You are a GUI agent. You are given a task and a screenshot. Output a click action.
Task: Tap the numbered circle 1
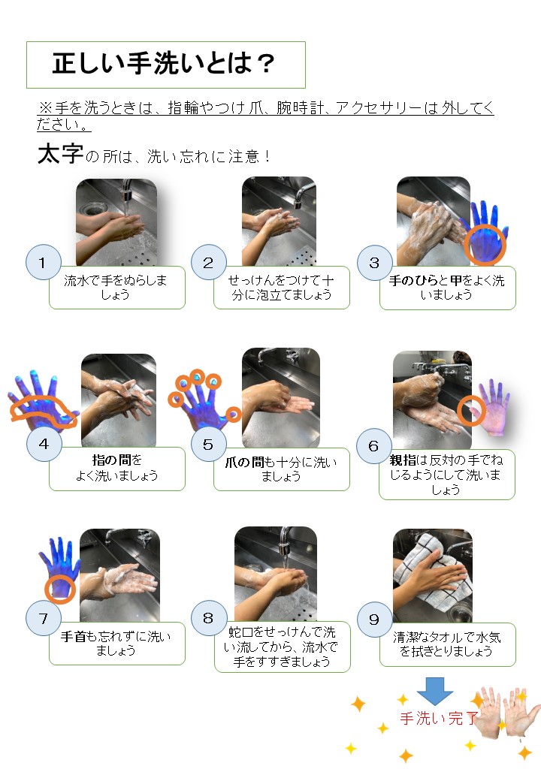tap(43, 262)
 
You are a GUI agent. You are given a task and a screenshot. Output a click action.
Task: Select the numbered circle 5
tap(208, 445)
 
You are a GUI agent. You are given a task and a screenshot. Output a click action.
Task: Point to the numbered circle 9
tap(373, 618)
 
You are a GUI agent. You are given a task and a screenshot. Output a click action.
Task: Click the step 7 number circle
tap(43, 618)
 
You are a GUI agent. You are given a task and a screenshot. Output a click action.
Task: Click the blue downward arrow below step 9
tap(435, 689)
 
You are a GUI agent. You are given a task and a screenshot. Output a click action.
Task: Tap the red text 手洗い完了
tap(437, 719)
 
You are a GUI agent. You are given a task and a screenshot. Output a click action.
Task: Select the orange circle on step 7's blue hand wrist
tap(59, 588)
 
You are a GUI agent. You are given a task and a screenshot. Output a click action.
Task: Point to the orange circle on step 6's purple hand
tap(471, 410)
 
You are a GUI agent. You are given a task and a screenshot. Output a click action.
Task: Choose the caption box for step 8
tap(282, 647)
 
